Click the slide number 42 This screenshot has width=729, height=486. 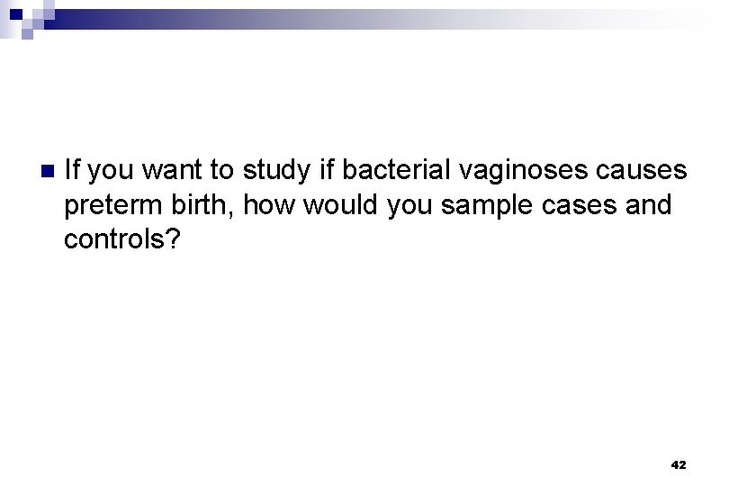(x=678, y=464)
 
